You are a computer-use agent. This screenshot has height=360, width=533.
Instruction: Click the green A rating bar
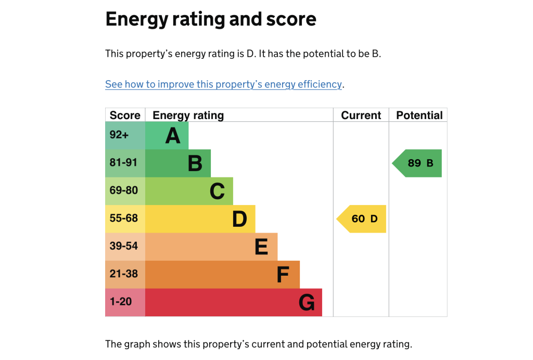[x=167, y=136]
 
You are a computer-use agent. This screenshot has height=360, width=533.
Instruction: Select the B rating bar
[x=178, y=163]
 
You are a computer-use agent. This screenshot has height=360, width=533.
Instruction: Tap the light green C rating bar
[x=189, y=191]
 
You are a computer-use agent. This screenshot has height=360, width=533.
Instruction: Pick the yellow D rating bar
[x=200, y=218]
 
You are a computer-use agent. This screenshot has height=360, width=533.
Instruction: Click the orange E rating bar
[x=211, y=247]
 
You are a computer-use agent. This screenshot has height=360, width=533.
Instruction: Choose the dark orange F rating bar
[x=222, y=274]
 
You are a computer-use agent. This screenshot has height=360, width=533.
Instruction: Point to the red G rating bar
[x=234, y=302]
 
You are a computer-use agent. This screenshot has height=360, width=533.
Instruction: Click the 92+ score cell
[x=125, y=136]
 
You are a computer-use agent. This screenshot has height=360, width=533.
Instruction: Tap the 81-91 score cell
[x=125, y=163]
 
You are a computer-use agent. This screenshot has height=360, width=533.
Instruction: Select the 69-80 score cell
[x=125, y=191]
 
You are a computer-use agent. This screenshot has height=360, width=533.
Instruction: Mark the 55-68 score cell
[x=125, y=218]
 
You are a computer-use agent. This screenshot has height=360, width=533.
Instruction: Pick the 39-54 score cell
[x=125, y=247]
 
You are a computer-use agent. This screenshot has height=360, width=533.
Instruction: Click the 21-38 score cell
[x=125, y=274]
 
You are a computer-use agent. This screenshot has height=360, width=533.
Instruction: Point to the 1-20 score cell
[x=125, y=302]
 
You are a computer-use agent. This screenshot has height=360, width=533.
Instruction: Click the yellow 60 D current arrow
[x=363, y=218]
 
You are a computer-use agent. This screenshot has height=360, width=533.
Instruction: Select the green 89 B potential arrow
[x=418, y=163]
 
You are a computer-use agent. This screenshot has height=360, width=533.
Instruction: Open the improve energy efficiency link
[x=223, y=84]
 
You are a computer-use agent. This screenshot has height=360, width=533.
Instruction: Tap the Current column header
[x=361, y=115]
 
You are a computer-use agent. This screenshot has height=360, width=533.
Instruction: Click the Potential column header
[x=419, y=115]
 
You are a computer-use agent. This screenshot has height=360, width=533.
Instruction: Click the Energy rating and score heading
[x=210, y=20]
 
